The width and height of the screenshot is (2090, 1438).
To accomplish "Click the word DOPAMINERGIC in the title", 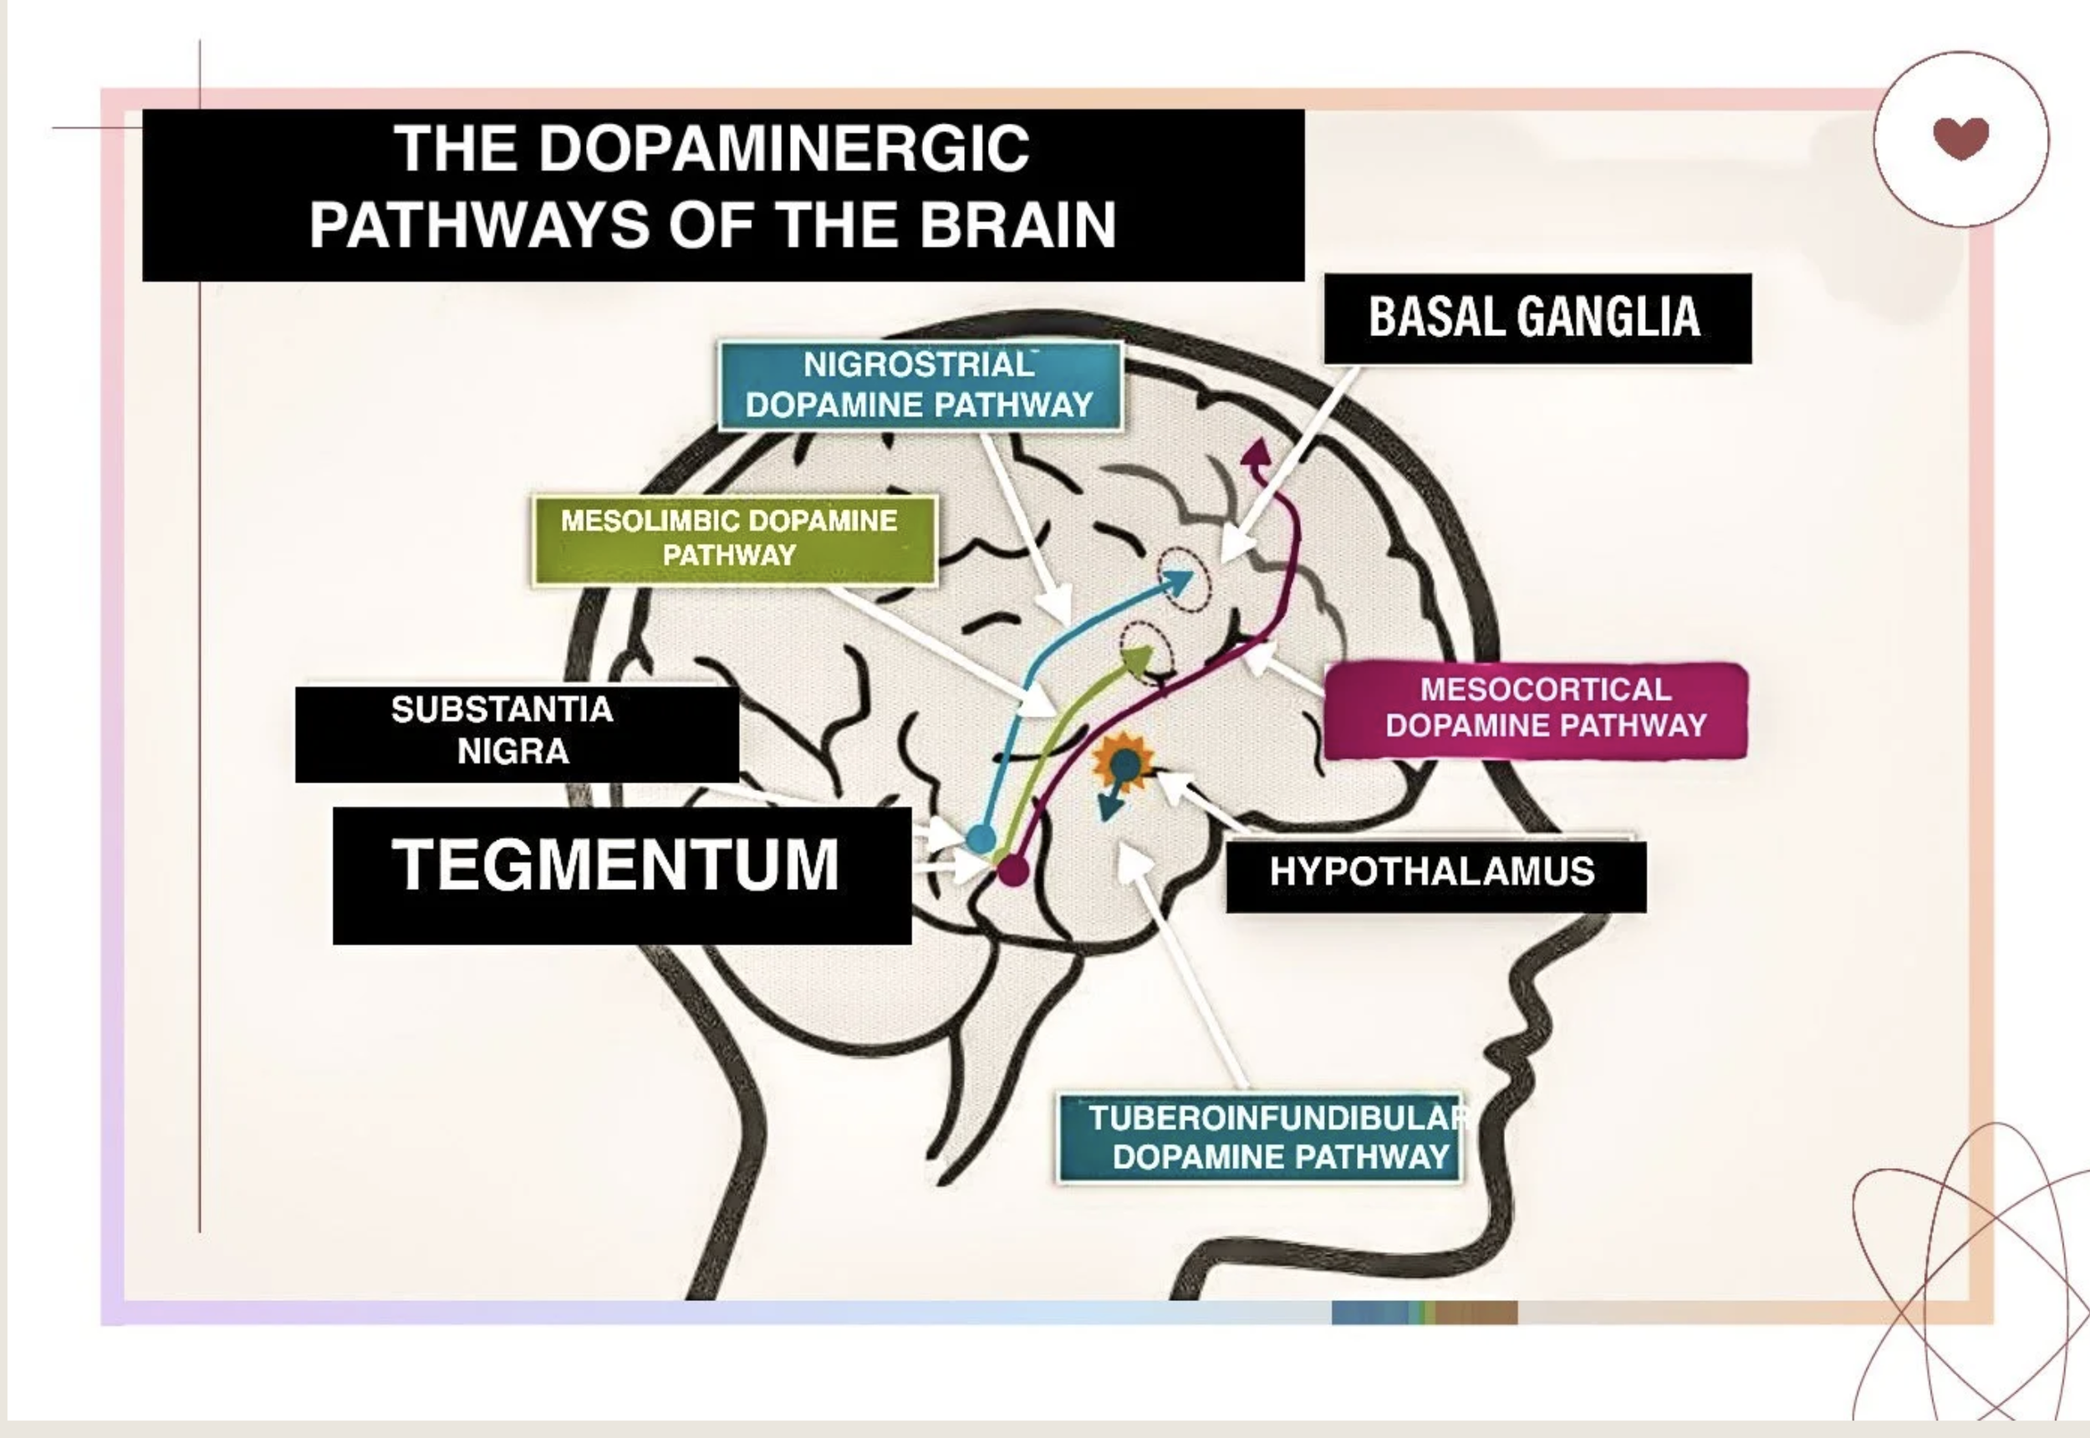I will tap(784, 149).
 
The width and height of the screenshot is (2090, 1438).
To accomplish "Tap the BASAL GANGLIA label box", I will tap(1537, 318).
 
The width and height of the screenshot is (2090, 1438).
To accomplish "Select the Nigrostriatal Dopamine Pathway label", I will tap(920, 385).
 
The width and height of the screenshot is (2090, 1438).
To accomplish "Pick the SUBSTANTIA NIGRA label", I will tap(516, 732).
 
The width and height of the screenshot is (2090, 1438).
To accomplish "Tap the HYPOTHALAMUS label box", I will tap(1435, 874).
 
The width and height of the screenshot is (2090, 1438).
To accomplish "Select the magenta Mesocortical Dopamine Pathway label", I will tap(1537, 710).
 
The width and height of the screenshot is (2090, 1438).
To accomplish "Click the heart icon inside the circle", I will tap(1960, 138).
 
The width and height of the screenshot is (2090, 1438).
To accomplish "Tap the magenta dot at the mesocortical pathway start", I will tap(1013, 871).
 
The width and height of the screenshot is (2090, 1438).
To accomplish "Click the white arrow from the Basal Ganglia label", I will tap(1288, 468).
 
